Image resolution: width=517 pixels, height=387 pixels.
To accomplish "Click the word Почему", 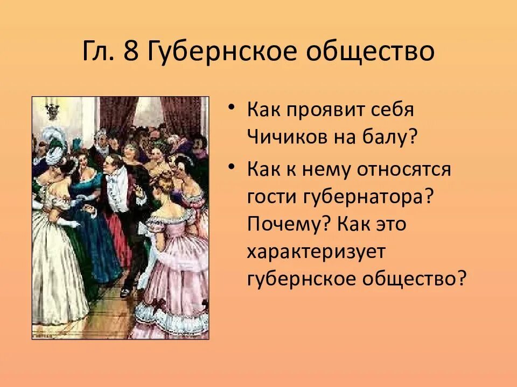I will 289,225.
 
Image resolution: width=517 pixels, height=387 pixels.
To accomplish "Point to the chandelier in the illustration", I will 52,110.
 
